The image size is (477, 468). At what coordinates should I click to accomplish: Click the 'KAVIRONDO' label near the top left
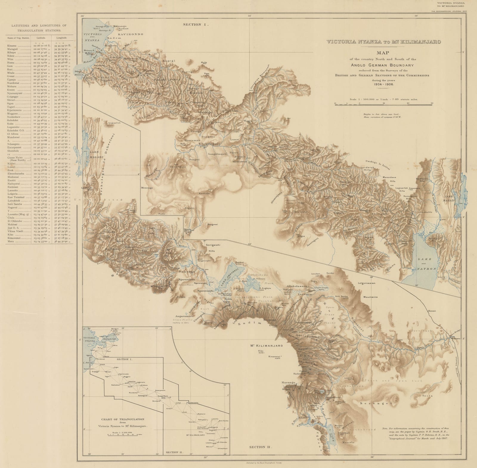point(131,34)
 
